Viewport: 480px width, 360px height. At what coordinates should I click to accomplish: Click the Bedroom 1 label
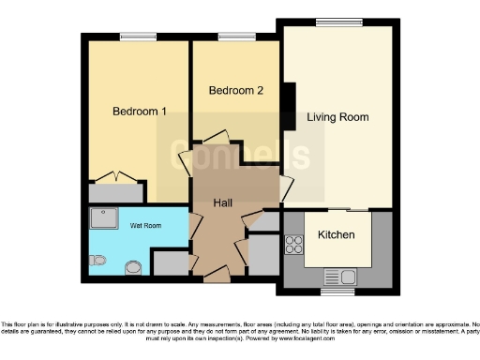pos(140,112)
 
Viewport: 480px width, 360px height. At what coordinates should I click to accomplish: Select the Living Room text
pos(337,117)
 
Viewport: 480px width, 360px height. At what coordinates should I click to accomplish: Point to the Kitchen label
pos(336,234)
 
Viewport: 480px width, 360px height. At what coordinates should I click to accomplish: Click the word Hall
pos(223,203)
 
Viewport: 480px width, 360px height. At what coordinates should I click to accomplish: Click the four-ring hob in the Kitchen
pos(294,246)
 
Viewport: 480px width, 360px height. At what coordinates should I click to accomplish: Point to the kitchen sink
pos(336,276)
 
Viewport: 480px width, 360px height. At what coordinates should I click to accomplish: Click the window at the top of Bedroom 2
pos(231,36)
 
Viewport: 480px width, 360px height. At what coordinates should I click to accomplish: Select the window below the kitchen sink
pos(336,292)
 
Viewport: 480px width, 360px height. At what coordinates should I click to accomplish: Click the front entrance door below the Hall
pos(216,275)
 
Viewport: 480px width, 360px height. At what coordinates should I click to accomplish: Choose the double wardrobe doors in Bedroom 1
pos(116,176)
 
